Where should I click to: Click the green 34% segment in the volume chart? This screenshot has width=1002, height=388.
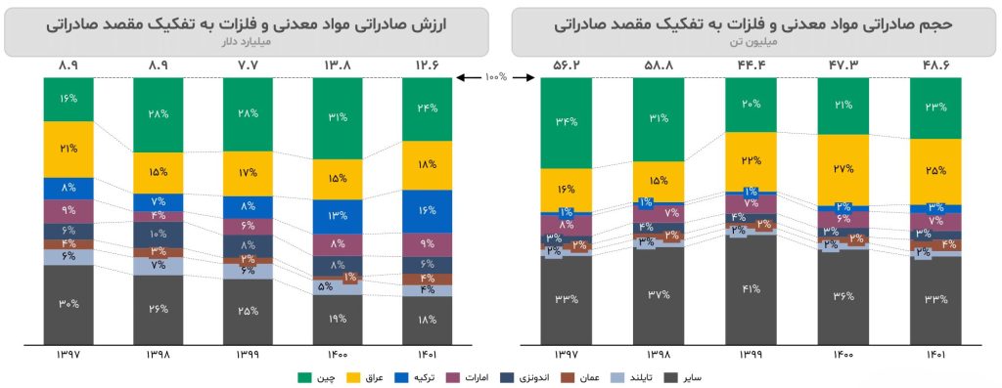click(567, 122)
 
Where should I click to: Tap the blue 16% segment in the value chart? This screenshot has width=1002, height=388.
click(427, 210)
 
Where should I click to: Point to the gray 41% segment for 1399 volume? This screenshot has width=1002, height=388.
click(751, 289)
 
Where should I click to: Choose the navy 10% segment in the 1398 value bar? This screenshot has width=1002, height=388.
click(158, 235)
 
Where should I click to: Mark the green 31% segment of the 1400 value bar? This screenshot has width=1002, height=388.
click(337, 118)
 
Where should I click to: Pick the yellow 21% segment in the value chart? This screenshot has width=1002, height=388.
click(68, 149)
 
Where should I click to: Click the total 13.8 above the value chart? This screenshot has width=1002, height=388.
click(337, 66)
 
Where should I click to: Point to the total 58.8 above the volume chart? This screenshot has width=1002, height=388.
click(658, 66)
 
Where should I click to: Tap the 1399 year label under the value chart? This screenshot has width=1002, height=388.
click(248, 354)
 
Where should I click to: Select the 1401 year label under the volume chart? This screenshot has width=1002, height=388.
click(935, 354)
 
